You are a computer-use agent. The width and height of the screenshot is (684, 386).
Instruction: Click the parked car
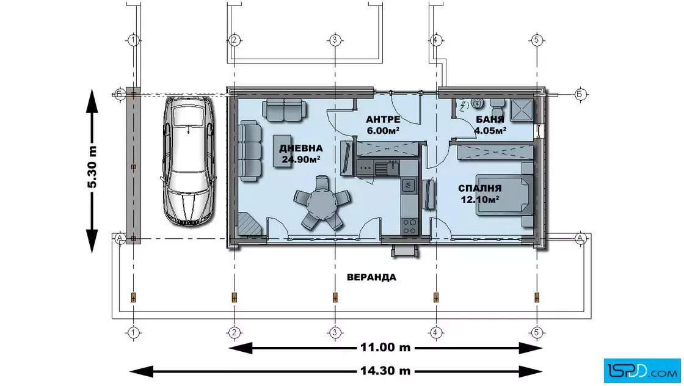(x=189, y=161)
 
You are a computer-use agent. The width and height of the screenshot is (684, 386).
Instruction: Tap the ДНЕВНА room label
(x=301, y=148)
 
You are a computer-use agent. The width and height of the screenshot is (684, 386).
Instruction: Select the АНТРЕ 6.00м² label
(x=383, y=125)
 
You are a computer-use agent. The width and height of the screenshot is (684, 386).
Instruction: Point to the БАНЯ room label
(x=490, y=120)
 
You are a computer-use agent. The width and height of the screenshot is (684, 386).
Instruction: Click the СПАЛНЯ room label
(x=480, y=189)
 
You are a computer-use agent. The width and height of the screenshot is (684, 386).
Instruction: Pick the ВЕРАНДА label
(x=372, y=277)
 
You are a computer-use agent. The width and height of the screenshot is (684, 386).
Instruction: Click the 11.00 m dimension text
(x=385, y=348)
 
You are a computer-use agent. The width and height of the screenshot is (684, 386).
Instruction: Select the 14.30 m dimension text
(x=385, y=371)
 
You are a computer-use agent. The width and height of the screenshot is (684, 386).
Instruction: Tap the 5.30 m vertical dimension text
(x=92, y=167)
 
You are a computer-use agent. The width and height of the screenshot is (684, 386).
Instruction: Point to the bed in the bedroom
(x=504, y=194)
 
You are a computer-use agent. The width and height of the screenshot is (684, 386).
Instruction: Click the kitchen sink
(x=387, y=167)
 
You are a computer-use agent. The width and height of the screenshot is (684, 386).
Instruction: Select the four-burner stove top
(x=409, y=226)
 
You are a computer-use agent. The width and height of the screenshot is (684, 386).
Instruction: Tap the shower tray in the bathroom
(x=522, y=110)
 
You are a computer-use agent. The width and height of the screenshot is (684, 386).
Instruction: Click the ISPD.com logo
(x=642, y=371)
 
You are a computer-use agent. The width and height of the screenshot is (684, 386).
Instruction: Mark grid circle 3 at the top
(x=335, y=40)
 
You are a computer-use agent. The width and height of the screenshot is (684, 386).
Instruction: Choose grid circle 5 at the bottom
(x=537, y=333)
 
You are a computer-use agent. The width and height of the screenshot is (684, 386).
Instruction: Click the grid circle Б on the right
(x=580, y=94)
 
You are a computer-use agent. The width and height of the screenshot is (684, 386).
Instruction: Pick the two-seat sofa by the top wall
(x=283, y=111)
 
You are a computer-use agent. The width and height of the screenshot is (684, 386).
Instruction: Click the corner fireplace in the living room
(x=249, y=225)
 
